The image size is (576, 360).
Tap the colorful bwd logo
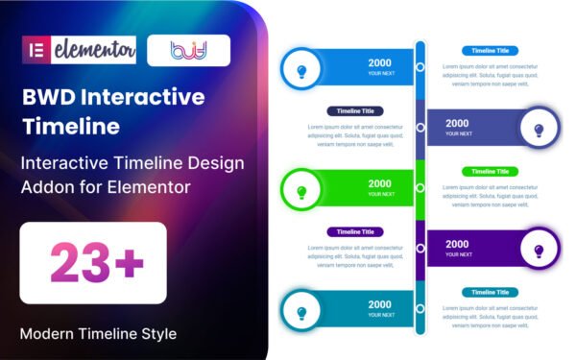188,50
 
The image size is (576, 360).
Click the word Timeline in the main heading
73,126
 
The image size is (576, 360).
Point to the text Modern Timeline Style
98,334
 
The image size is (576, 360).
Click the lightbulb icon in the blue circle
301,70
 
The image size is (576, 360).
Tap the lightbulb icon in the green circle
301,191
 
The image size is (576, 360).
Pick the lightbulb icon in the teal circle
301,312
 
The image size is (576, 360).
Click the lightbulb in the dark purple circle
539,251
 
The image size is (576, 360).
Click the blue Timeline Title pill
491,51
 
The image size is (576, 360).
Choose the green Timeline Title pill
491,172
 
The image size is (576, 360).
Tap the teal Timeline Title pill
491,292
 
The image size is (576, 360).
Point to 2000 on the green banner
380,183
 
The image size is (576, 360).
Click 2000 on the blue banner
380,62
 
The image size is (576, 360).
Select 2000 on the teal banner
380,304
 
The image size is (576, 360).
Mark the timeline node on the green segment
420,189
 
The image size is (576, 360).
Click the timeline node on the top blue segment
420,67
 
